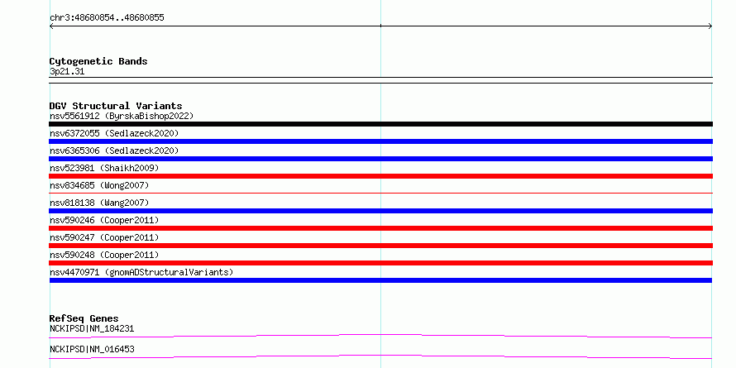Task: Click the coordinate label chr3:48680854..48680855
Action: [107, 18]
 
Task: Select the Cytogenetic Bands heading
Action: [98, 61]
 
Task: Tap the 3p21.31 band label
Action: [67, 72]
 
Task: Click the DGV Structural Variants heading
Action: [116, 106]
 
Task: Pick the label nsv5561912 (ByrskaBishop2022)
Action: [122, 116]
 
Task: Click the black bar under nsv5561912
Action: [380, 124]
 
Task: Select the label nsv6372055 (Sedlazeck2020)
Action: [114, 133]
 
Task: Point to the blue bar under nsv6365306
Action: [380, 159]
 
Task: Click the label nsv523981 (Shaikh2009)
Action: [104, 168]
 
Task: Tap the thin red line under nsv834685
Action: [380, 193]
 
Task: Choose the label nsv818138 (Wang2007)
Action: [99, 203]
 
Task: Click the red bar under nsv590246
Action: [380, 228]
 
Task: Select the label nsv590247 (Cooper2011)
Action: [104, 237]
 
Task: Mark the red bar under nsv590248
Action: [380, 263]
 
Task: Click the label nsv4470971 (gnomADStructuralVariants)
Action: [141, 272]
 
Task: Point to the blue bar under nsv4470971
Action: [380, 280]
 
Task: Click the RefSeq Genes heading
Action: [84, 318]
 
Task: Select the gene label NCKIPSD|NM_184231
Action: [92, 329]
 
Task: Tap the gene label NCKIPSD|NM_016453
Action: [92, 350]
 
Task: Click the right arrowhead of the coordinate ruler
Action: [710, 26]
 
